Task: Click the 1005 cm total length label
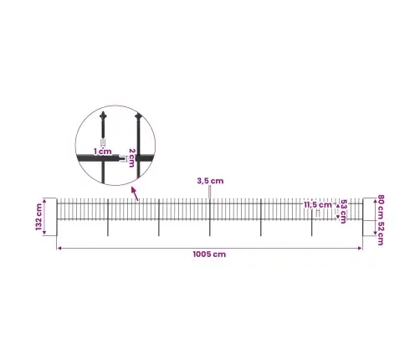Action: (x=209, y=255)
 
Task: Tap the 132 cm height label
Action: (x=38, y=217)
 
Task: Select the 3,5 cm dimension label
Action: (x=210, y=181)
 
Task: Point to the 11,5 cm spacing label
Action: (x=318, y=205)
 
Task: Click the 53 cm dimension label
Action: (x=343, y=212)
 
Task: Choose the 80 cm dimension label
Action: (x=381, y=206)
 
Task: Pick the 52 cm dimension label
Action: (x=381, y=233)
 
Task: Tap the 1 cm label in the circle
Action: (x=102, y=152)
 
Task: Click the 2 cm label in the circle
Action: (x=131, y=157)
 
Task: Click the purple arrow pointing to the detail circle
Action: (x=135, y=193)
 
